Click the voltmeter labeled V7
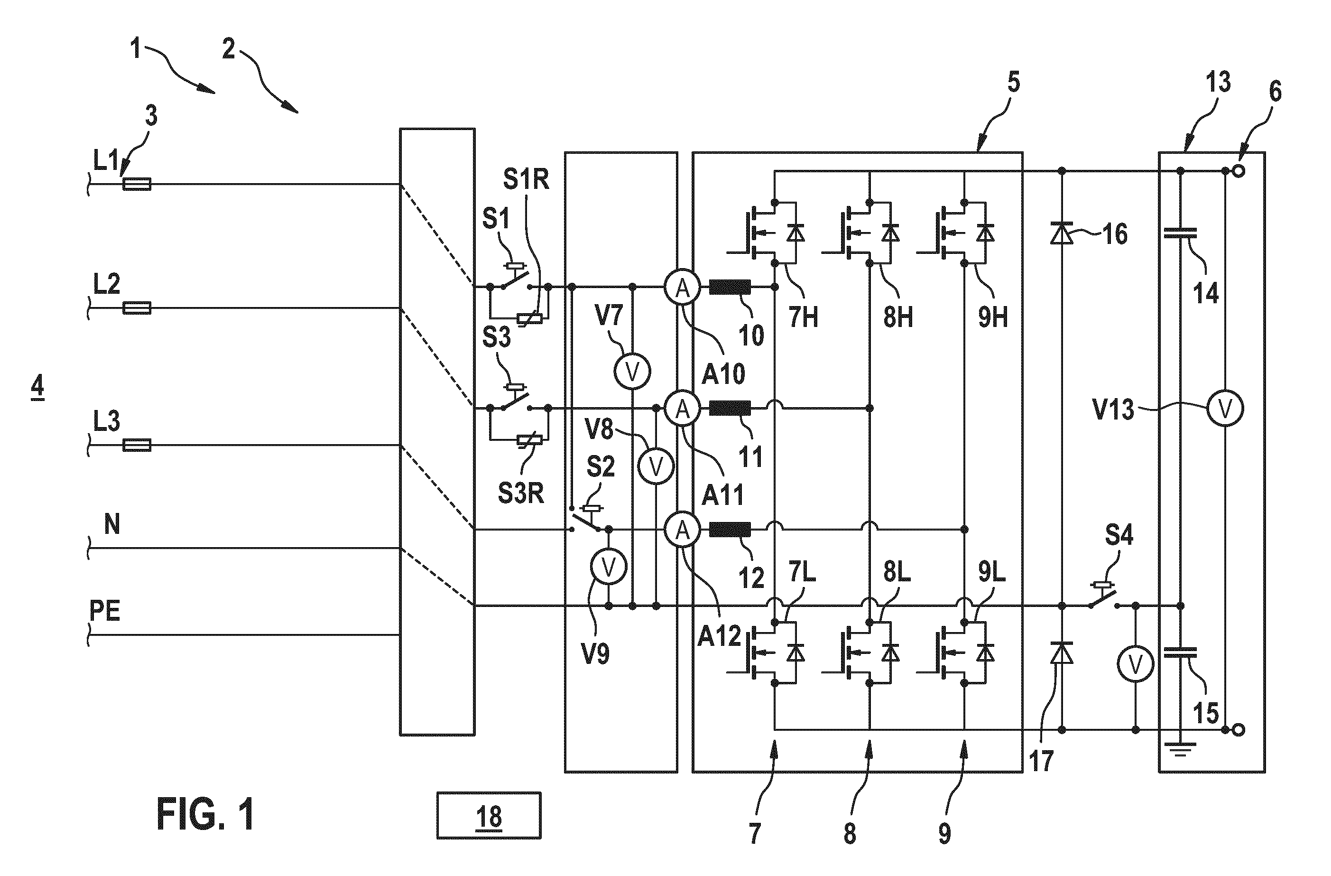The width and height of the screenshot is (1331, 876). point(632,372)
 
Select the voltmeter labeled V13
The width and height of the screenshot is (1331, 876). point(1225,409)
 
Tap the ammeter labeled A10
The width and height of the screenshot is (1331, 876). point(682,288)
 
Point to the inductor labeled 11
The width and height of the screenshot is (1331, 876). point(730,409)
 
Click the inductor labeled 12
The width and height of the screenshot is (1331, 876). point(730,529)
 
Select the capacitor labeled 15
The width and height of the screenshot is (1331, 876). point(1180,652)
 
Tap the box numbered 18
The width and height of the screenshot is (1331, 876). point(489,816)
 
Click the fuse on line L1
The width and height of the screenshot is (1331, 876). point(137,184)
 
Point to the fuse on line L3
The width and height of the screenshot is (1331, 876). point(137,445)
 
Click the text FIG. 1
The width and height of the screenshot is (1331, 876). point(205,814)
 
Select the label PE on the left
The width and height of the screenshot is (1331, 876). point(105,610)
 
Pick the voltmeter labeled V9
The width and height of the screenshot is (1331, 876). point(609,567)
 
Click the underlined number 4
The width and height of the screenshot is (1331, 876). point(37,387)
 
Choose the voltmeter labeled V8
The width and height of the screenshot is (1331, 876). point(656,466)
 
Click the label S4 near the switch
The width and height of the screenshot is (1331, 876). point(1119,535)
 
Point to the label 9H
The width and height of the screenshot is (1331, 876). point(993,317)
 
